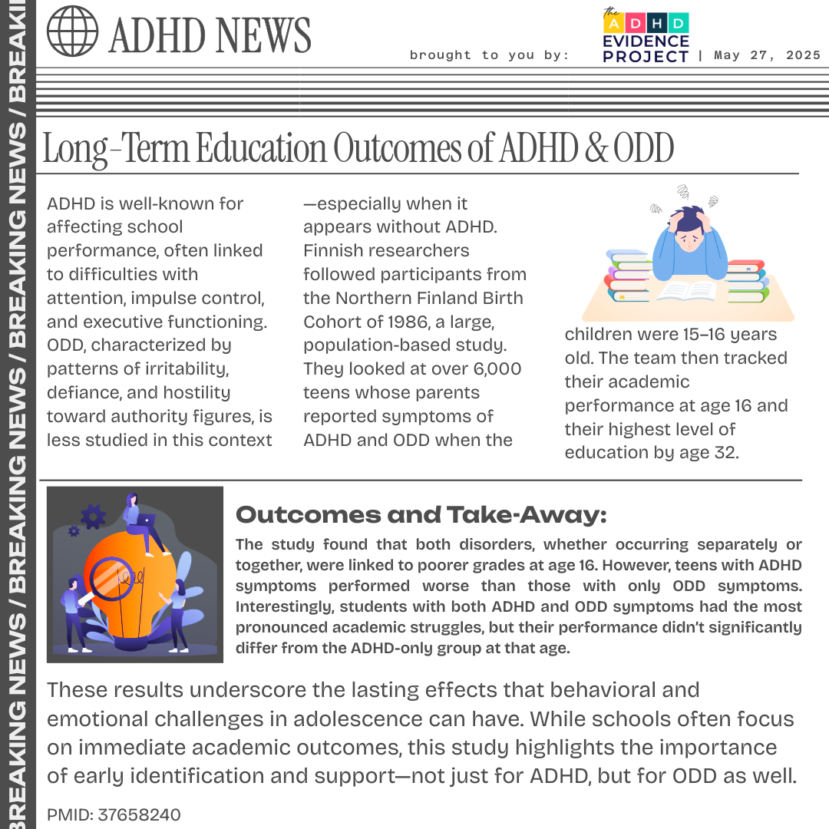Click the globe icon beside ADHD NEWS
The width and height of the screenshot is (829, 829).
(73, 31)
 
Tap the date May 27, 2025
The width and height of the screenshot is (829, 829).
(767, 55)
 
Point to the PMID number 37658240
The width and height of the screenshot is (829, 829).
(139, 814)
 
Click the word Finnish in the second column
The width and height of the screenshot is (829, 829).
(332, 250)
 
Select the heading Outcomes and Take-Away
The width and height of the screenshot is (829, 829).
(421, 515)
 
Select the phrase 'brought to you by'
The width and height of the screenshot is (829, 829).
(489, 55)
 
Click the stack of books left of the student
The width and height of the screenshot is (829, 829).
(629, 276)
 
